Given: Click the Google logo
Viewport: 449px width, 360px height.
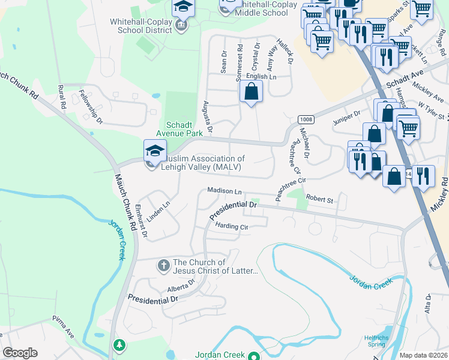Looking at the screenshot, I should point(19,353).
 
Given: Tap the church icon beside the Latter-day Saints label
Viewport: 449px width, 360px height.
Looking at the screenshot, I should point(163,265).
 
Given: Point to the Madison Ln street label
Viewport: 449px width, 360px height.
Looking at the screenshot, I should point(224,191).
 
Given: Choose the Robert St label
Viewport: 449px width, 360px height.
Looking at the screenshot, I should point(319,199).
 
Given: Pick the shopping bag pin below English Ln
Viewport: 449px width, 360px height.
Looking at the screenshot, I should point(252,92).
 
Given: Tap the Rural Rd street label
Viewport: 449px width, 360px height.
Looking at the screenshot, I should point(61,96).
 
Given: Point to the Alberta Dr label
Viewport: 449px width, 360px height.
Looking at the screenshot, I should point(181,284).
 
